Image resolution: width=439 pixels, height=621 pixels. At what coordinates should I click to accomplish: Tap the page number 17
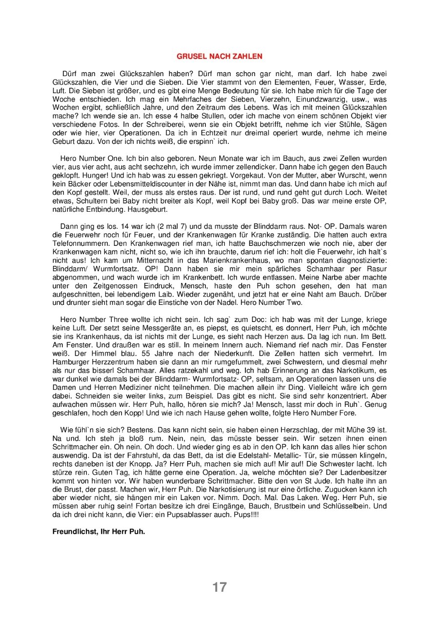pos(219,587)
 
